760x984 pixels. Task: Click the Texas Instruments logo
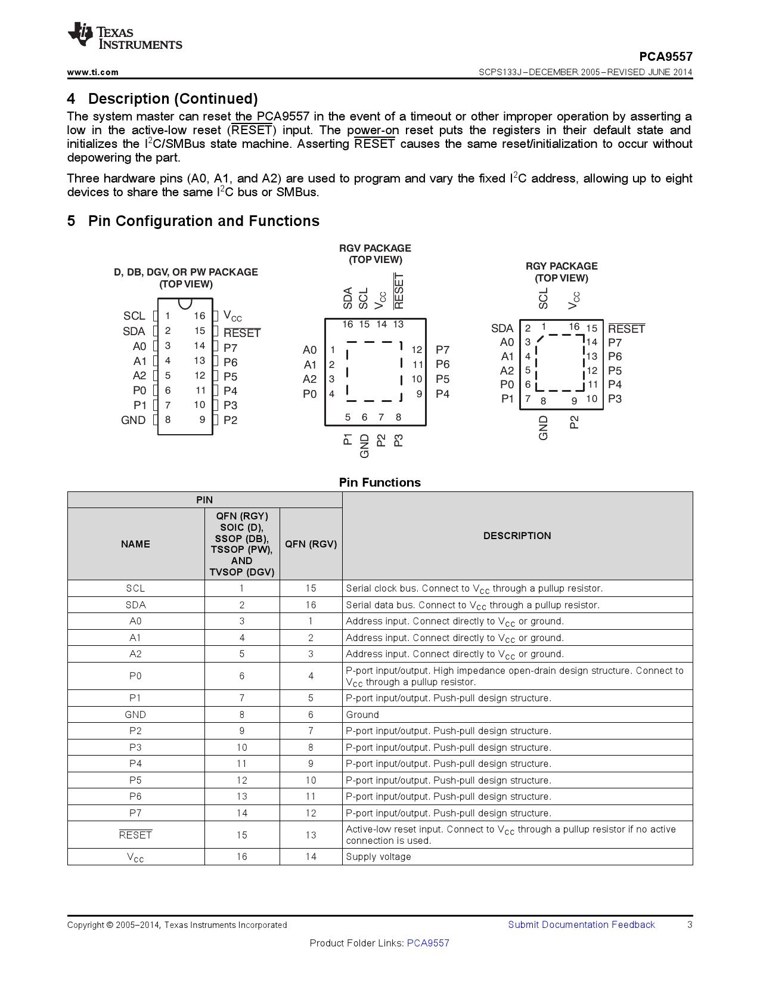click(125, 36)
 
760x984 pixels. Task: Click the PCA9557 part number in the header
click(665, 57)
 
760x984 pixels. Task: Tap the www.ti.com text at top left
click(93, 72)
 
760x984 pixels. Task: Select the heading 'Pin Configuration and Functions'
click(203, 221)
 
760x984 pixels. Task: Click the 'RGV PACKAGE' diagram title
click(375, 248)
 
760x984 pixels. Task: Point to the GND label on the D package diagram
click(133, 420)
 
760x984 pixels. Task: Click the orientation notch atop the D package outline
click(185, 304)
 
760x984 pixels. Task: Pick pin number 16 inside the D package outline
click(200, 316)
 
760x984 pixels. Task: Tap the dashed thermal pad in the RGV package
click(374, 371)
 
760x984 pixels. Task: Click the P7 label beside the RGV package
click(442, 350)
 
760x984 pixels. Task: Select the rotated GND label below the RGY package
click(543, 428)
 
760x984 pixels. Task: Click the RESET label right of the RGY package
click(626, 329)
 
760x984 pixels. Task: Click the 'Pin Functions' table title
click(380, 482)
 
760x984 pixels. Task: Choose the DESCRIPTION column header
click(517, 536)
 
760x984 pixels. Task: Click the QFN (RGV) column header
click(311, 544)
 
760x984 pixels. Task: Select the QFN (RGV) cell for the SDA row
click(311, 605)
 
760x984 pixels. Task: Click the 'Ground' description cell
click(362, 714)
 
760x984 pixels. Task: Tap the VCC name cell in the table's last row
click(135, 857)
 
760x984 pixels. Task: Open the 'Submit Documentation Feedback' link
click(581, 924)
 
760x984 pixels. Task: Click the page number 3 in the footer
click(690, 924)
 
